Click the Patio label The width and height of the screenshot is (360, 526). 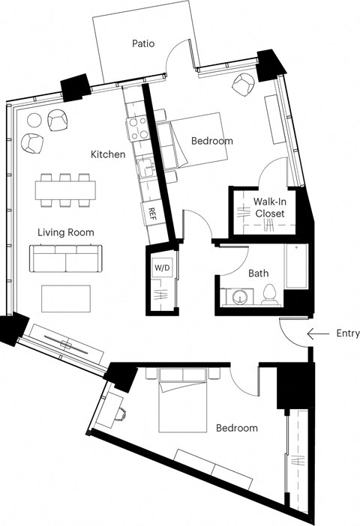(143, 43)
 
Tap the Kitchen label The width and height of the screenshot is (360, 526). (108, 154)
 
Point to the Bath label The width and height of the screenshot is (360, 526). (259, 274)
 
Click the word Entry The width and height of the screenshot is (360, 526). (348, 333)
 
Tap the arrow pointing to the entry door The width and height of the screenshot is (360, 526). (319, 333)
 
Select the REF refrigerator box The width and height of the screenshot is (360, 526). (152, 212)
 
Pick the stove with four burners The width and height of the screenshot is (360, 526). (137, 129)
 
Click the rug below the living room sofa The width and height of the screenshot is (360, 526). (66, 298)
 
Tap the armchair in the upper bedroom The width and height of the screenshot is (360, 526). (244, 85)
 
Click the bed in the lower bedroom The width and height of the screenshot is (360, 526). (184, 401)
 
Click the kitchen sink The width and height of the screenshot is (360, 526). (148, 170)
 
